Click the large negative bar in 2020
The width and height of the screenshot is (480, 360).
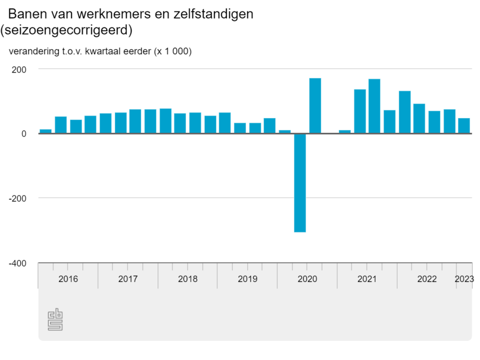[300, 183]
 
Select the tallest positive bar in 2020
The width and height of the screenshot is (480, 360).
[315, 106]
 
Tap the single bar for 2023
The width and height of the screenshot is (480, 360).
[464, 126]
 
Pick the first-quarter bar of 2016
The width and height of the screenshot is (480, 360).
[46, 131]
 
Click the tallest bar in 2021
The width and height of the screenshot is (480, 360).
[375, 106]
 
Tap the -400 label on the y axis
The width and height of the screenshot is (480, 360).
[17, 263]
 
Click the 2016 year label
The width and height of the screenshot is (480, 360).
[68, 279]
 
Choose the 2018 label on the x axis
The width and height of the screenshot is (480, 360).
[188, 279]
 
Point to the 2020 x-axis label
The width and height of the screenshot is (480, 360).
[308, 279]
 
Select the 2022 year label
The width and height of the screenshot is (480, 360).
[427, 279]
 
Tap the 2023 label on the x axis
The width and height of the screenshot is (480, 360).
[464, 279]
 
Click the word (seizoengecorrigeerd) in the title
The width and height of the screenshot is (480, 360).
[66, 30]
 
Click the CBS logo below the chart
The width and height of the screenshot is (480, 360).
[55, 320]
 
